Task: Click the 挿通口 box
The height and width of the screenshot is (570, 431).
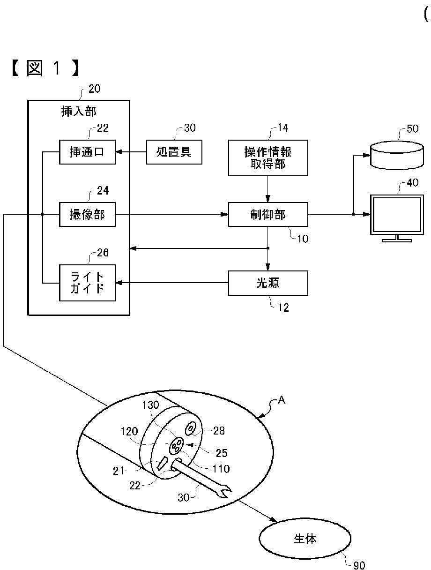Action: coord(87,152)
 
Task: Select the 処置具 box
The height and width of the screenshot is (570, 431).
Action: coord(174,152)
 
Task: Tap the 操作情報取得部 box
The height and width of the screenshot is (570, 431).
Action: coord(268,158)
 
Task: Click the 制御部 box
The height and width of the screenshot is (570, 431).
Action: coord(268,215)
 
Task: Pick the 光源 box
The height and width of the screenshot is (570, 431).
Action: coord(268,283)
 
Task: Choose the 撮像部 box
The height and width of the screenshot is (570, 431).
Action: coord(87,215)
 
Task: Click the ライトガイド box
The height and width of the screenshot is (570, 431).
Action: coord(87,283)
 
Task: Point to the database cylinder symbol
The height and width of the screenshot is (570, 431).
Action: coord(397,155)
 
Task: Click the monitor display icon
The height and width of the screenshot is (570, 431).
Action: coord(397,218)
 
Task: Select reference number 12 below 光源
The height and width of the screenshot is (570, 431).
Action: coord(283,307)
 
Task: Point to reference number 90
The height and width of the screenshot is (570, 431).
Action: coord(359,565)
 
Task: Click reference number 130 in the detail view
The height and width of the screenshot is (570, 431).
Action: coord(150,405)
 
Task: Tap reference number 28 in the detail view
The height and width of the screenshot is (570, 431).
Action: coord(219,431)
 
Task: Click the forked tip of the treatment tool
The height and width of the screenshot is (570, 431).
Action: coord(225,492)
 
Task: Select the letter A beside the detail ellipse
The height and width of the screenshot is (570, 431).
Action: coord(281,400)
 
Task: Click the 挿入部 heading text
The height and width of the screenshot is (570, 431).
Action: coord(79,112)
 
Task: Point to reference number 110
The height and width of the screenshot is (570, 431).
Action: coord(221,469)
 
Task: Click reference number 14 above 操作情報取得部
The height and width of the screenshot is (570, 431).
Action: coord(283,128)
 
